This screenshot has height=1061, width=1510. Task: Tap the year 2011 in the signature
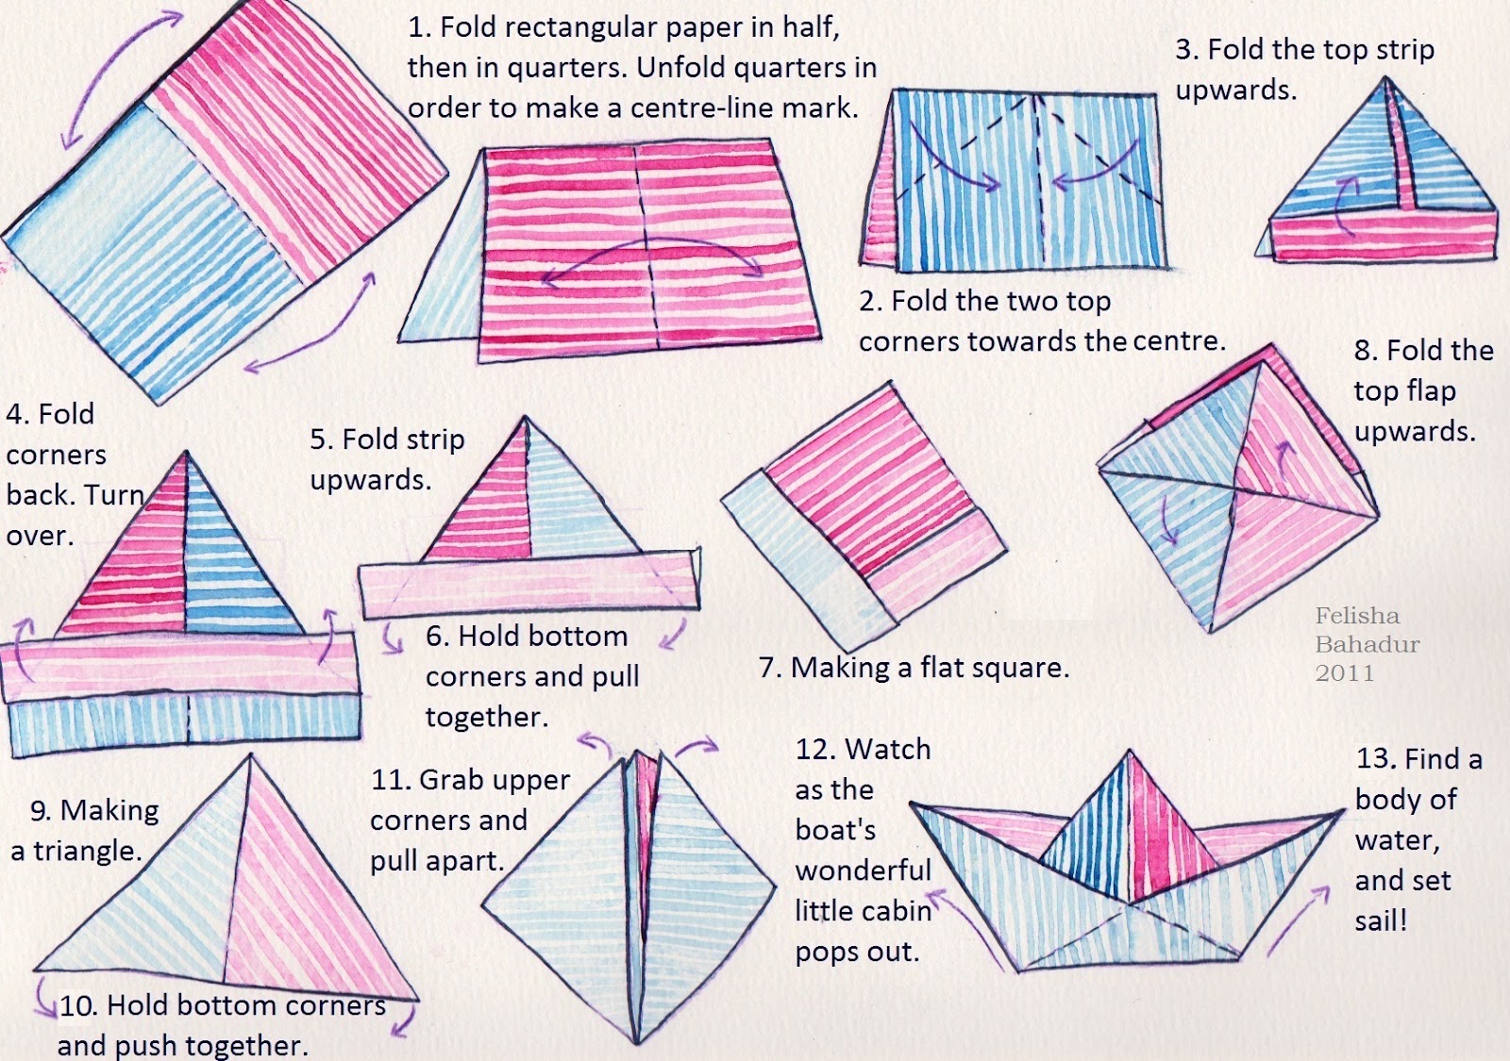(x=1345, y=673)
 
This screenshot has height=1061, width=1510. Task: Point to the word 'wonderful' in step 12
(x=863, y=870)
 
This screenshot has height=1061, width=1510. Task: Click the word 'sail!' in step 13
(x=1382, y=920)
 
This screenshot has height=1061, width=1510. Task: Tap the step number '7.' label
(x=770, y=669)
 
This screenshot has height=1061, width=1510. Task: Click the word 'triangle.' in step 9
(x=88, y=851)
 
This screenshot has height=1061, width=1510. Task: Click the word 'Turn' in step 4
(x=112, y=495)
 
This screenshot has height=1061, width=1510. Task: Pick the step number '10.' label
(x=79, y=1005)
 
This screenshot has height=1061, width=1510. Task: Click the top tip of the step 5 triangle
(x=525, y=417)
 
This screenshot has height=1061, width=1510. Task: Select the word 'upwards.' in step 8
(x=1415, y=432)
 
